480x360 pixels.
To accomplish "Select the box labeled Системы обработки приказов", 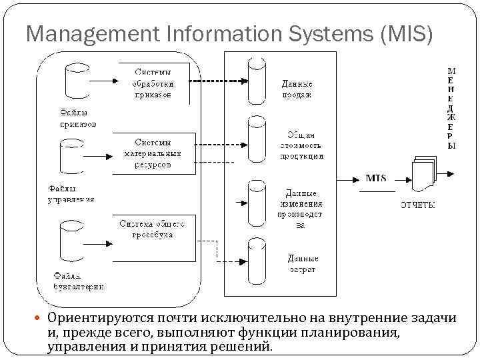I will click(x=153, y=83).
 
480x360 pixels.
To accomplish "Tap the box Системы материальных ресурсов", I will click(x=153, y=153).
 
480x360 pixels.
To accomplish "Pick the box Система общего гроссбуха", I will click(x=153, y=230).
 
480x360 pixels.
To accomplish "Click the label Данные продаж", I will click(x=297, y=89).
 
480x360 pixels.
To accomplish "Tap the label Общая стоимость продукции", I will click(x=301, y=145).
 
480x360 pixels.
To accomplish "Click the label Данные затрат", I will click(x=302, y=263).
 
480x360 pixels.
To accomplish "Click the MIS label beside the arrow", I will click(x=377, y=179).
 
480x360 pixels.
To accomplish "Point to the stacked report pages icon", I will click(x=423, y=175).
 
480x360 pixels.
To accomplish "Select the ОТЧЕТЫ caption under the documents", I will click(x=418, y=205).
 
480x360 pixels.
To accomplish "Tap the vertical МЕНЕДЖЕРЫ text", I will click(x=451, y=107).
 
